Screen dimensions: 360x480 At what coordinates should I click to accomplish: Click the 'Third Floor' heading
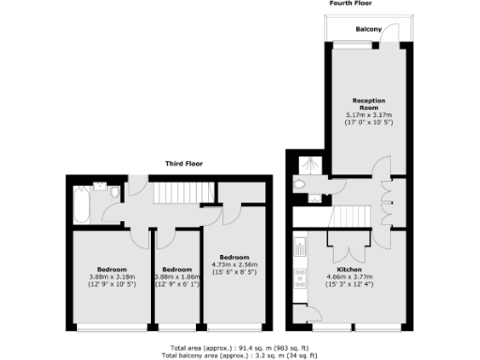pos(185,164)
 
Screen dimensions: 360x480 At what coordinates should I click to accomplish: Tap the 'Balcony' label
pos(368,30)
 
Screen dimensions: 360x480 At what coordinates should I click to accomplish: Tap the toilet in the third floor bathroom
pos(113,192)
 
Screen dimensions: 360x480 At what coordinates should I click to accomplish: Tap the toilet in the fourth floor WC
pos(300,186)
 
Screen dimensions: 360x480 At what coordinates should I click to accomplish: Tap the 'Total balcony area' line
pos(240,355)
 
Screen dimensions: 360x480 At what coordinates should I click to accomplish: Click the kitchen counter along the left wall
pos(299,267)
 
